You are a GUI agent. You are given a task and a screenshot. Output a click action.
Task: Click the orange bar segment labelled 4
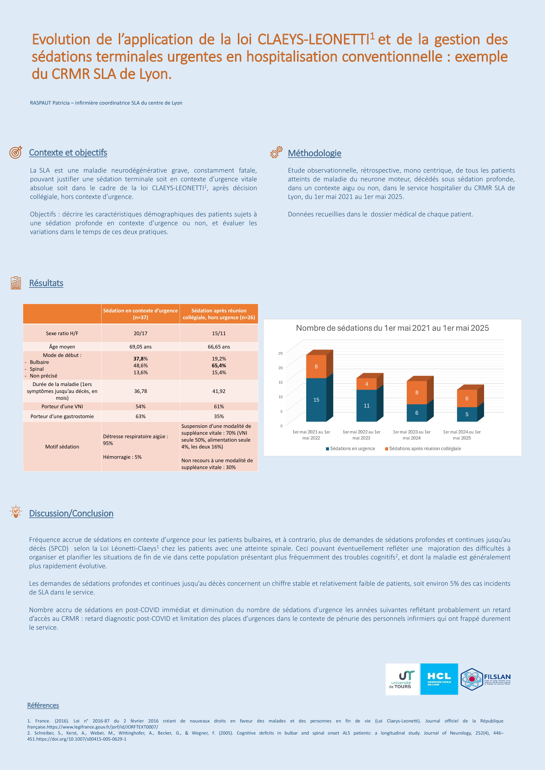click(x=367, y=384)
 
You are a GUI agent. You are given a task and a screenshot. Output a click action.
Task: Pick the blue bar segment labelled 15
click(x=316, y=400)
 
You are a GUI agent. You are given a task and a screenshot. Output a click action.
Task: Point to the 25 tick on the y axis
click(x=281, y=353)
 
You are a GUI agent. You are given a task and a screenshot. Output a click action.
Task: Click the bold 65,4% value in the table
click(x=219, y=366)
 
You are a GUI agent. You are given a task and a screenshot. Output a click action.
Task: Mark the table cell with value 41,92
click(x=219, y=391)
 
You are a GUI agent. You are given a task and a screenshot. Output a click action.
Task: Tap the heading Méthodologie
click(x=314, y=153)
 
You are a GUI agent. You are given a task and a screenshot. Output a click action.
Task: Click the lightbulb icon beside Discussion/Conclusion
click(x=15, y=511)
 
